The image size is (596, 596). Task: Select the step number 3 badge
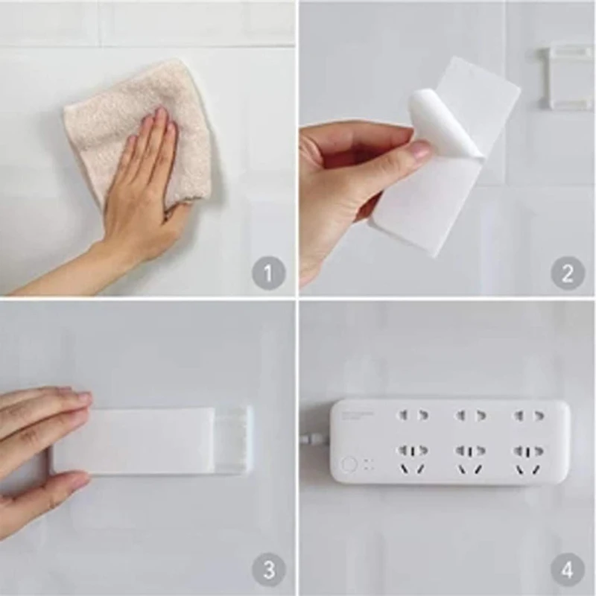268,571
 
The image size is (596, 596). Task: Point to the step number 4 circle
567,571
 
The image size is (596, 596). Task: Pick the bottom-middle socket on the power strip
470,457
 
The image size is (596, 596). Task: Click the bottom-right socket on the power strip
528,457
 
